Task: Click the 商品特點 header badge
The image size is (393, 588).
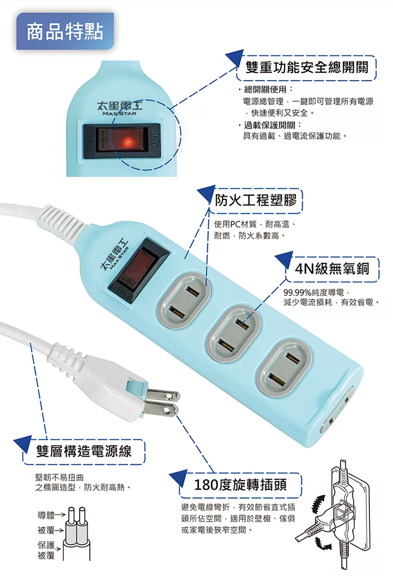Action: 65,31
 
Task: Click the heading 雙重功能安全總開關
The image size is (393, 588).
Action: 307,68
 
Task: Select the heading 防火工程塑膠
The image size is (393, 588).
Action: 256,200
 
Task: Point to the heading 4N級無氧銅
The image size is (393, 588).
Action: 332,269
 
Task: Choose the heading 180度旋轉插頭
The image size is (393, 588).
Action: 240,485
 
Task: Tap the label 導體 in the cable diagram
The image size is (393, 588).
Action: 46,515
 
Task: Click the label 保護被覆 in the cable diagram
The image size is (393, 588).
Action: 46,550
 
